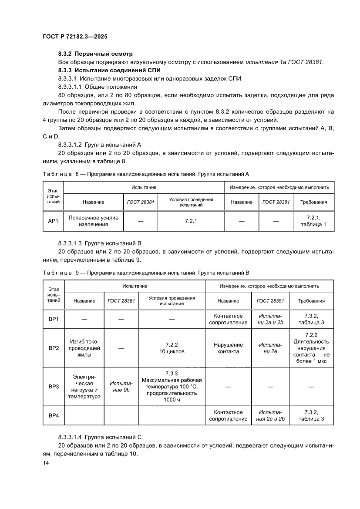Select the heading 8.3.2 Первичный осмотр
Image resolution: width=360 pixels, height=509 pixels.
click(x=94, y=54)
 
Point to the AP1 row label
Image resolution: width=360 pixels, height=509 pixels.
click(x=53, y=221)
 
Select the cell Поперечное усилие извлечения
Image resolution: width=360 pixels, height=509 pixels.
click(x=94, y=221)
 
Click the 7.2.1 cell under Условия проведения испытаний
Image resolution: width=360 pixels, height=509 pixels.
click(x=191, y=221)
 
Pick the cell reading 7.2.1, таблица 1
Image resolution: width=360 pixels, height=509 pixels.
click(x=313, y=221)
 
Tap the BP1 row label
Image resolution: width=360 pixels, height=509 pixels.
click(x=54, y=319)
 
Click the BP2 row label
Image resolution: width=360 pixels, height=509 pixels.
click(x=54, y=348)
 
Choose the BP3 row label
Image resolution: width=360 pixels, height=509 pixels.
click(x=54, y=386)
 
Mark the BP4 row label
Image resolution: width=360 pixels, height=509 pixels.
click(x=54, y=415)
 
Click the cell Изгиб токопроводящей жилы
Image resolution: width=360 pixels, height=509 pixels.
click(x=84, y=348)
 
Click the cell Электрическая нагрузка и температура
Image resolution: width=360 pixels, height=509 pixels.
click(x=84, y=387)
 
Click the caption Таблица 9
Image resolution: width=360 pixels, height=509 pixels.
click(x=59, y=273)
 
